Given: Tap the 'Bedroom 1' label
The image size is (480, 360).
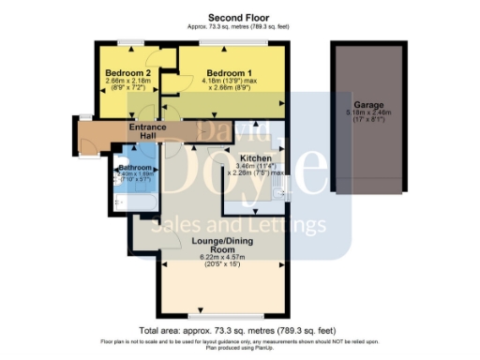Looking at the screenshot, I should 229,73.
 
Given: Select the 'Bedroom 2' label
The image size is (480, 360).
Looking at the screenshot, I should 128,73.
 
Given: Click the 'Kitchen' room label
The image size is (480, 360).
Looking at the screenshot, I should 255,158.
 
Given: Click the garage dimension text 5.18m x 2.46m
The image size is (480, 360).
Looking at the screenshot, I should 367,112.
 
